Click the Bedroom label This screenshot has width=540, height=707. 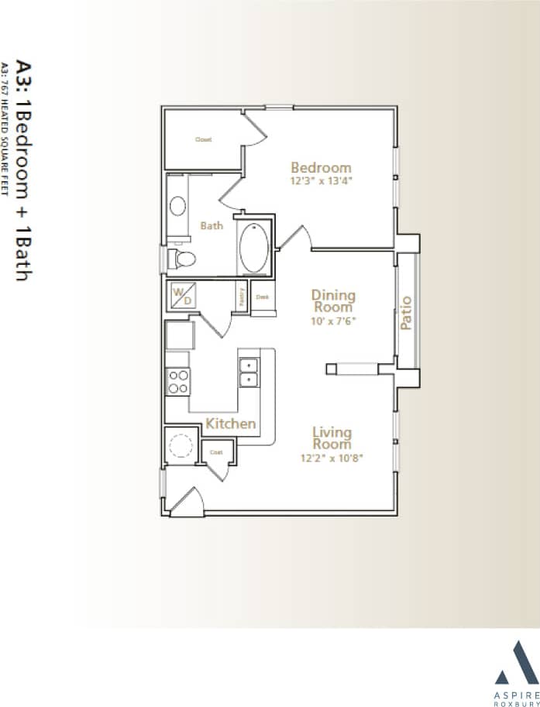coord(321,167)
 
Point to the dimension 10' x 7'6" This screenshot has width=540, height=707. coord(333,320)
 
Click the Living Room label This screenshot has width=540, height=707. coord(332,438)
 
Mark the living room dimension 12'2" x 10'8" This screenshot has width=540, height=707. coord(332,458)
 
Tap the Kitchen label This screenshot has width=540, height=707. coord(230,424)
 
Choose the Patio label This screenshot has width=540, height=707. coord(406,313)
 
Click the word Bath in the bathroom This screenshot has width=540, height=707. coord(212,226)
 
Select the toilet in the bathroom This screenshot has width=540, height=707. coord(183,259)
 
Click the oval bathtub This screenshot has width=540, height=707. coord(254,248)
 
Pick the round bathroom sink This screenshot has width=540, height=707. coord(178,206)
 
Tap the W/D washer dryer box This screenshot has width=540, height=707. coord(184,296)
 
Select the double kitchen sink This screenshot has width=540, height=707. coord(249,372)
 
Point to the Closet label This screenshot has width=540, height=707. coord(203,139)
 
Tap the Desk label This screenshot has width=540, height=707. coord(263,297)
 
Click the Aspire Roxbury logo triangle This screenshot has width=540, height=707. coord(512,660)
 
